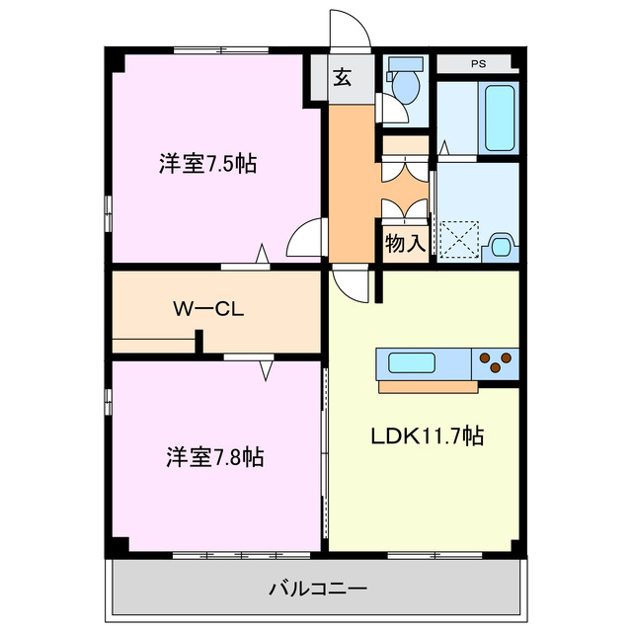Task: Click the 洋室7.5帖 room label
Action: (x=207, y=164)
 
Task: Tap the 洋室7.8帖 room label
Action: (x=214, y=457)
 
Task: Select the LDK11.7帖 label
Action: (x=427, y=435)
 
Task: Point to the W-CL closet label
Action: (x=208, y=308)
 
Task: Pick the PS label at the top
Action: (x=478, y=64)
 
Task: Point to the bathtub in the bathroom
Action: (x=500, y=117)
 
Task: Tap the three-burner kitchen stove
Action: (x=498, y=363)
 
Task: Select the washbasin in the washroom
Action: (x=501, y=244)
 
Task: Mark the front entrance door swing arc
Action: (x=351, y=28)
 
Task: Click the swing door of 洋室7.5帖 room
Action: (x=306, y=237)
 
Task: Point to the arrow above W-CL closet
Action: (x=263, y=255)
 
